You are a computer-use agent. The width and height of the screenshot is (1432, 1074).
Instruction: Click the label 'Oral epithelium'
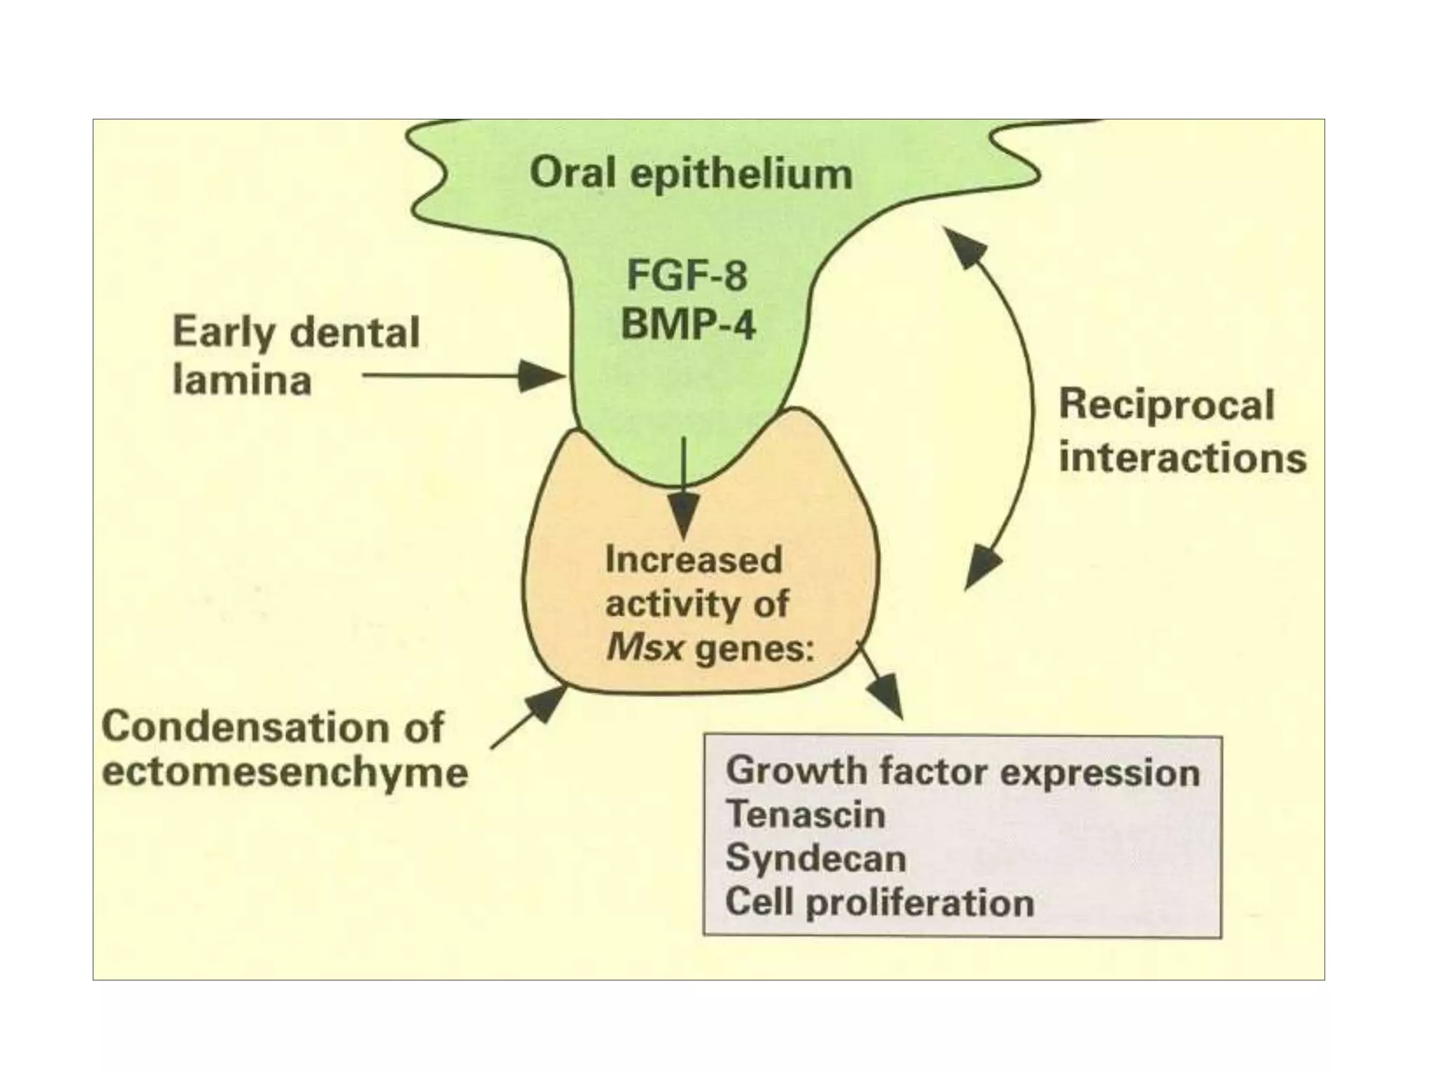coord(691,173)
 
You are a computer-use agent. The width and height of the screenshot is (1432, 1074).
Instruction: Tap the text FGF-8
coord(687,275)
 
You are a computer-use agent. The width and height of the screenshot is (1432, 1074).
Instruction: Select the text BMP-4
coord(688,324)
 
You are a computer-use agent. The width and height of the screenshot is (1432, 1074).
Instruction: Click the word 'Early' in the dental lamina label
coord(224,333)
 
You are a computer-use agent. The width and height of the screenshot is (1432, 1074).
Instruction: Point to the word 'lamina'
coord(242,381)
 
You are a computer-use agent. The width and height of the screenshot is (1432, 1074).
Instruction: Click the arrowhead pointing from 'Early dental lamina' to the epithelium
coord(542,376)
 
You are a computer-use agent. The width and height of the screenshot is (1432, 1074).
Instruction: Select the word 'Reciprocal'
coord(1166,406)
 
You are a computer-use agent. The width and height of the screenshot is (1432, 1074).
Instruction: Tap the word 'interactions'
coord(1182,458)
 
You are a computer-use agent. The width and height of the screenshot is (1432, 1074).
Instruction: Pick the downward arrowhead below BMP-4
coord(684,515)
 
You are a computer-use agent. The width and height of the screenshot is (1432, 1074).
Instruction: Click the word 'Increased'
coord(693,561)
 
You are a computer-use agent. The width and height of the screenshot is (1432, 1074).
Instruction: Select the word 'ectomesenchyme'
coord(285,773)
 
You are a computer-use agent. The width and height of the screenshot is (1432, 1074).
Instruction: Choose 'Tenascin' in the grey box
coord(805,815)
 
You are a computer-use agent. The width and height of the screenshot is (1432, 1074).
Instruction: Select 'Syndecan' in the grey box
coord(815,858)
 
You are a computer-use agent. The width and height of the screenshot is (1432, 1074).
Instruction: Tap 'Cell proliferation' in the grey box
coord(879,902)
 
